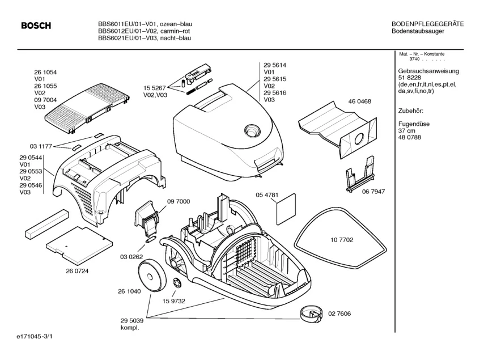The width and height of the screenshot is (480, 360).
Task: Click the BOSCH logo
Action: [x=36, y=26]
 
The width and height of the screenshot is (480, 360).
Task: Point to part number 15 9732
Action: [x=175, y=300]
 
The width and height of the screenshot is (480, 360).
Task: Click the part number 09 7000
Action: [x=179, y=202]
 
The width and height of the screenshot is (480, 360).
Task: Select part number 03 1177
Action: [x=41, y=146]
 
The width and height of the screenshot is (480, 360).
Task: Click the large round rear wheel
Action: [x=153, y=274]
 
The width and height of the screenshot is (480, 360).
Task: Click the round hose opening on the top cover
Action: [x=251, y=130]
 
